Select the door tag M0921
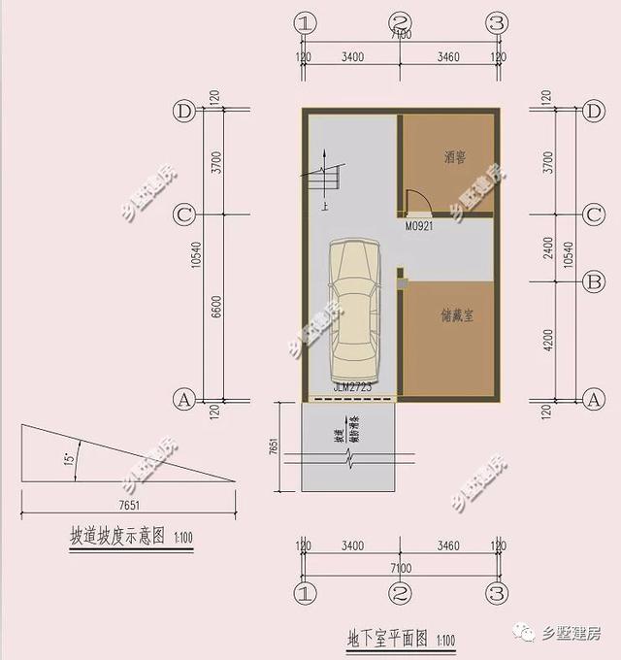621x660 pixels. coord(419,226)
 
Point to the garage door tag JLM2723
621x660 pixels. coord(352,387)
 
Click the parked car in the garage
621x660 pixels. coord(352,311)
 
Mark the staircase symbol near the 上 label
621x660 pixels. coord(323,181)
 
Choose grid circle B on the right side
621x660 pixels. coord(594,282)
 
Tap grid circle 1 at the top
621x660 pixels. coord(306,22)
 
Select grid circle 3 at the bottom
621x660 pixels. coord(497,591)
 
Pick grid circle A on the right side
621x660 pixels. coord(594,398)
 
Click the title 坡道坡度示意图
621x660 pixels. coord(115,536)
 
